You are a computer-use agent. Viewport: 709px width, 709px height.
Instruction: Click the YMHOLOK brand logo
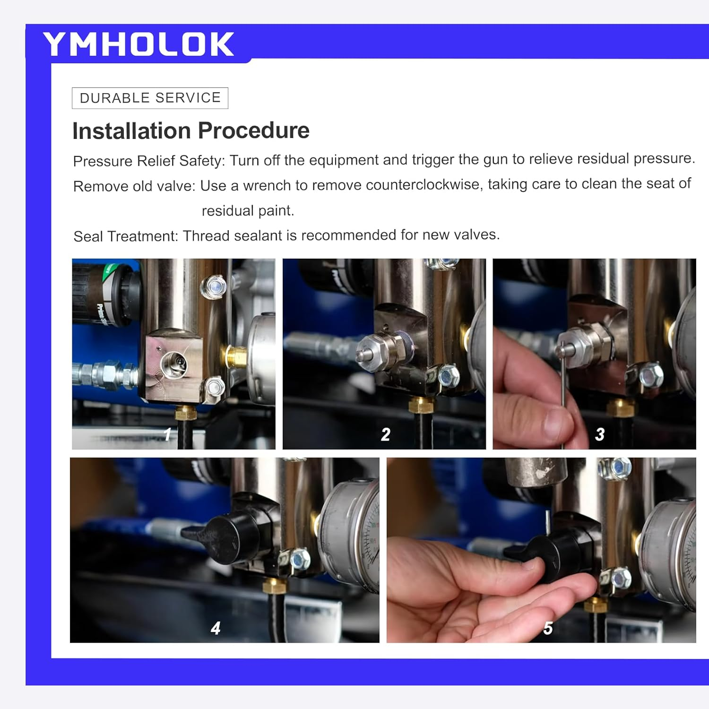tap(138, 44)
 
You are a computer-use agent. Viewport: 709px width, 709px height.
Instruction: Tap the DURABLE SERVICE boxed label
tap(150, 98)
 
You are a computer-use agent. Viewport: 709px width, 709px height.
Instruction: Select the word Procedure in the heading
tap(254, 130)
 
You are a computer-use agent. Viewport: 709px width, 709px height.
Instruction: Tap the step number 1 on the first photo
tap(167, 434)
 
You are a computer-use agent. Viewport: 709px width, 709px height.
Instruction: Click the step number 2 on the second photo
tap(386, 434)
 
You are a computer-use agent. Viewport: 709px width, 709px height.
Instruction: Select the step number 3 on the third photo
tap(600, 434)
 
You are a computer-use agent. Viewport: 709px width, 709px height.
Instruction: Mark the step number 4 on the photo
tap(216, 628)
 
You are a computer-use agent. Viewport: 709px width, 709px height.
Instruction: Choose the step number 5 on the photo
tap(548, 628)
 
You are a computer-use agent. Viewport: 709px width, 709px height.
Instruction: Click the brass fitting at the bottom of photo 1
tap(186, 413)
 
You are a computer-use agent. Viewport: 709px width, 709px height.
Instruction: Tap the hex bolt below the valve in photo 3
tap(651, 376)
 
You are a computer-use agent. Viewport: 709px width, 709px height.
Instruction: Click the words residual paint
tap(248, 210)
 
